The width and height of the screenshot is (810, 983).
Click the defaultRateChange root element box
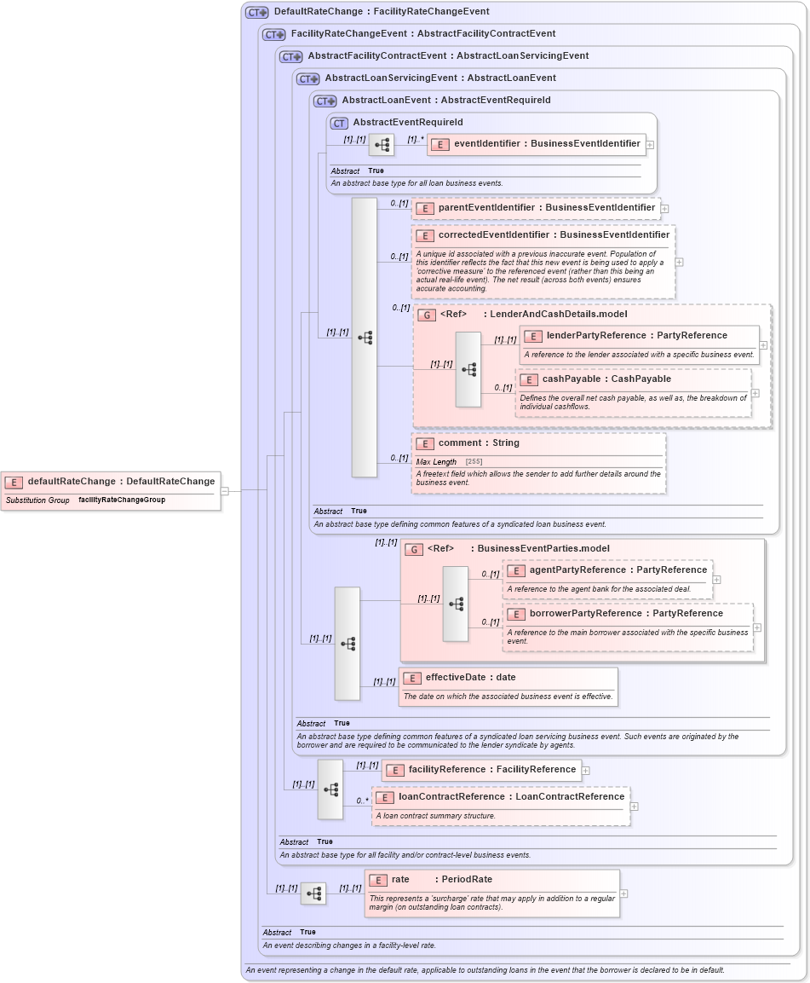coord(111,482)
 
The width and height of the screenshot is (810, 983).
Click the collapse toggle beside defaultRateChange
coord(225,491)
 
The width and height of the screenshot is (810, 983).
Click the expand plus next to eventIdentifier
coord(650,145)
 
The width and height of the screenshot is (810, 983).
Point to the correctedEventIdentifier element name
coord(554,234)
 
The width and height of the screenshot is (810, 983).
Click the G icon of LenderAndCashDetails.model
coord(427,315)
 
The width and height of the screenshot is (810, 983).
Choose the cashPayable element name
coord(606,379)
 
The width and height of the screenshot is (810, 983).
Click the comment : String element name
coord(479,443)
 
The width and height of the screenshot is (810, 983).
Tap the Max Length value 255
coord(474,462)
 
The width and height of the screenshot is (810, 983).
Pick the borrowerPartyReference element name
coord(626,614)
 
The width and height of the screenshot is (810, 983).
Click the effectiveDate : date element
coord(470,678)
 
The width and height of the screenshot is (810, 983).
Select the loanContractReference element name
coord(511,797)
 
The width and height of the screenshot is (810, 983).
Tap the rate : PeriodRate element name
coord(441,880)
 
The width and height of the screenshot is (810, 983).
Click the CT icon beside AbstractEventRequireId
coord(339,123)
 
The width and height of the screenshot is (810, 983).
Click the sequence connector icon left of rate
coord(313,893)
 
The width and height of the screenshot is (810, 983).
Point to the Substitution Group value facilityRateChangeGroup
coord(122,500)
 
